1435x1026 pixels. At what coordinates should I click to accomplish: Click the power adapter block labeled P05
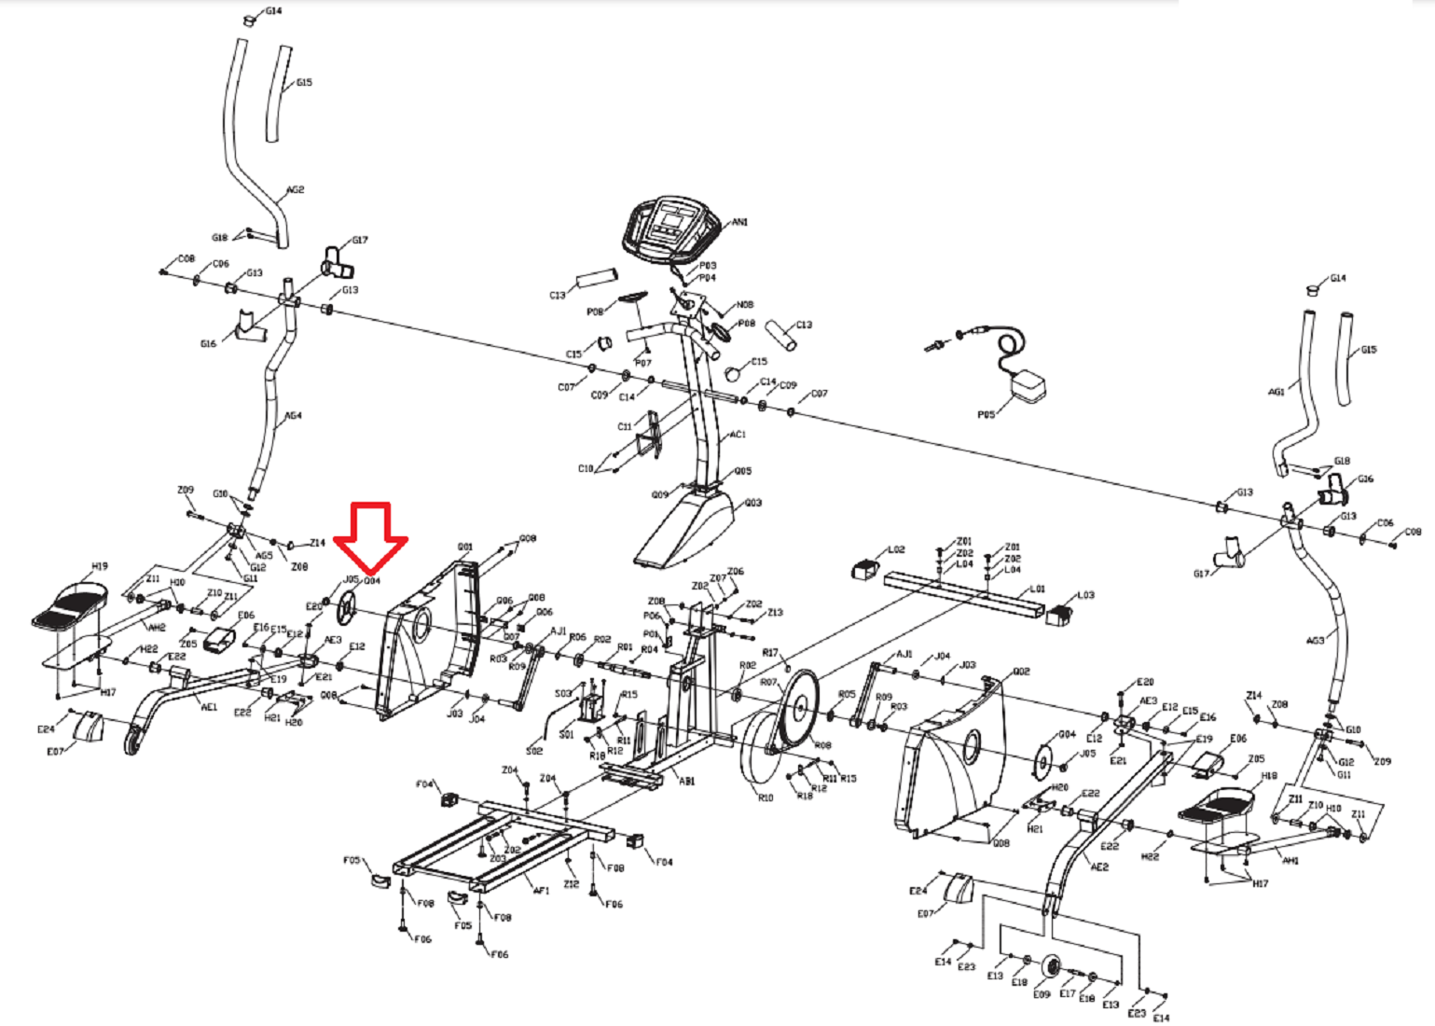click(1029, 386)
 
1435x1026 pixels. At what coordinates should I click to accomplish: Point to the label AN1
click(740, 222)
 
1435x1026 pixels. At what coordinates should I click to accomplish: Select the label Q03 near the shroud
click(753, 504)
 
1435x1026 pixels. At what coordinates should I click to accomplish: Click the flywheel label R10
click(766, 798)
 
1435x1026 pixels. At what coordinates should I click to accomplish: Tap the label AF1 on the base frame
click(541, 891)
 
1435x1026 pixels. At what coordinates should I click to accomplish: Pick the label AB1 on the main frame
click(687, 782)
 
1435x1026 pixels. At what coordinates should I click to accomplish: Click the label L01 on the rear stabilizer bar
click(1038, 589)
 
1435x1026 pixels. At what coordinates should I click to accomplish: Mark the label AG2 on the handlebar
click(295, 190)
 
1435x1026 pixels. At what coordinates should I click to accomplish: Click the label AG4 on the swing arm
click(293, 416)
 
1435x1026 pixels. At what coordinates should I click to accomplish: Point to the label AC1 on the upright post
click(738, 435)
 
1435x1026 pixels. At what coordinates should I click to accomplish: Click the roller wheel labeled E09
click(1053, 967)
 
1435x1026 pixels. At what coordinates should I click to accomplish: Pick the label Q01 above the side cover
click(464, 548)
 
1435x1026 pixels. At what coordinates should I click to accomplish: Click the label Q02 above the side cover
click(1021, 672)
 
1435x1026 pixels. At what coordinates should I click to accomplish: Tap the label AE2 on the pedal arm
click(1100, 867)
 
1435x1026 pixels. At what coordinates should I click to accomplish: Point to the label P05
click(986, 415)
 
